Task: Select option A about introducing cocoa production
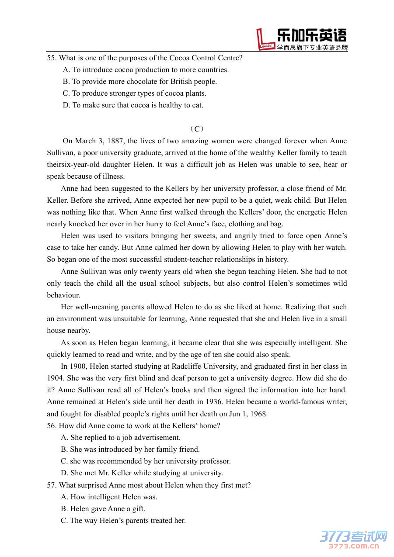146,69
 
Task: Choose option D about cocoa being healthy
133,105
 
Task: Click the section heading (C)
197,129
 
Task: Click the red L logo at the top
265,40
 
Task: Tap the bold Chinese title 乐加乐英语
312,35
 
